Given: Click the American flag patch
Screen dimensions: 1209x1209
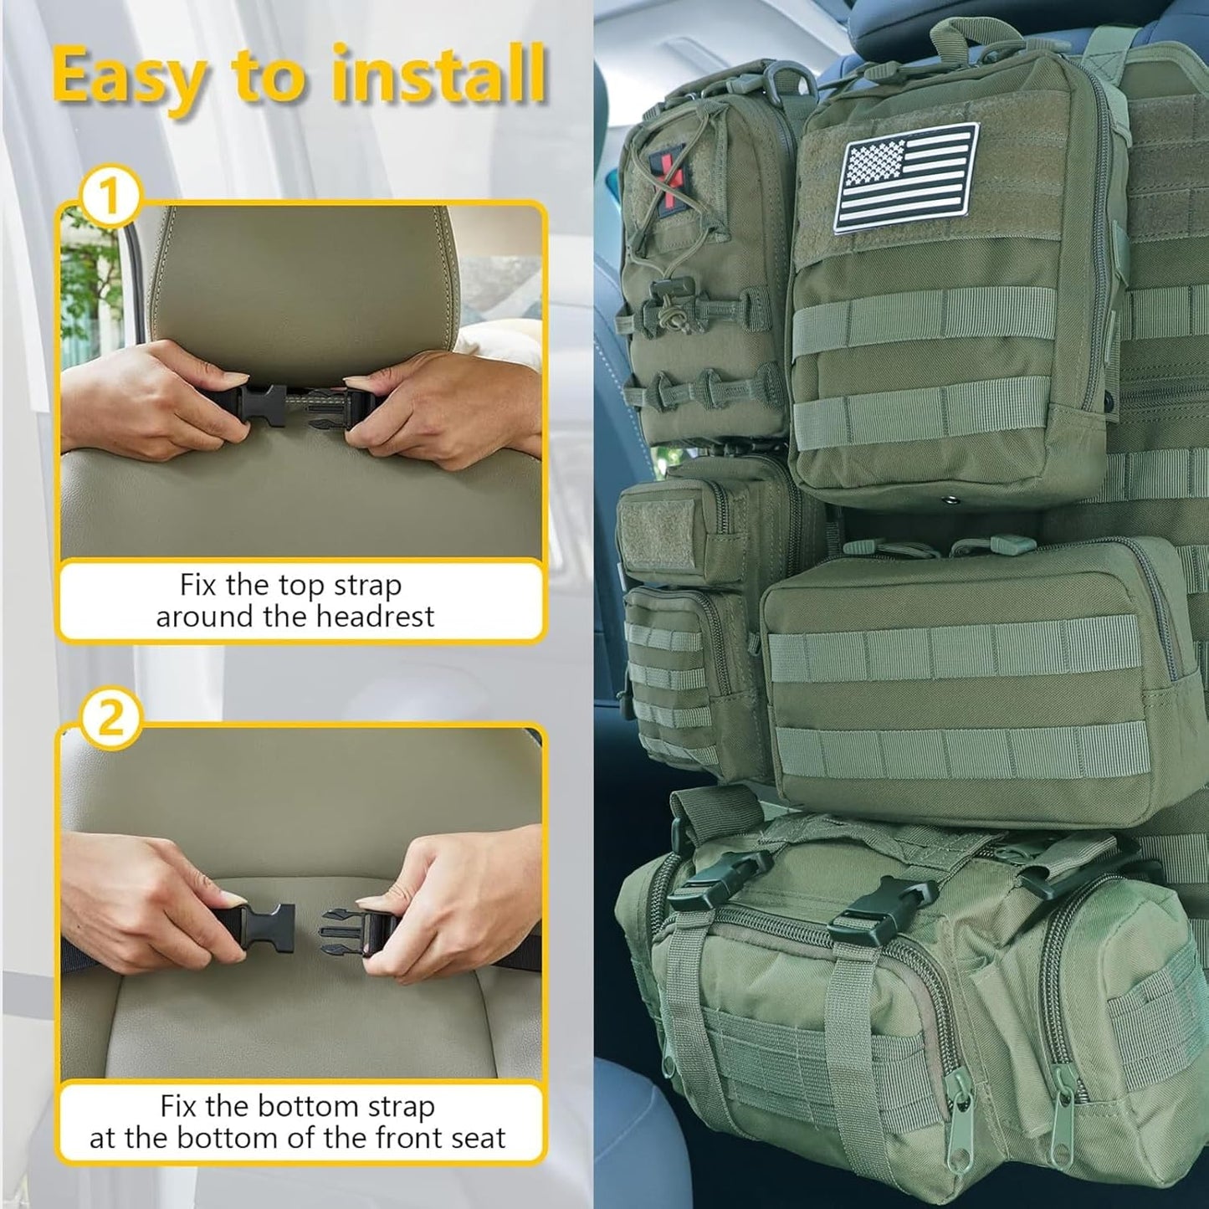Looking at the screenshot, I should [x=907, y=177].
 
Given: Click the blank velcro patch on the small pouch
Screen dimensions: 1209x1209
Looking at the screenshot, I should [x=658, y=530].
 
